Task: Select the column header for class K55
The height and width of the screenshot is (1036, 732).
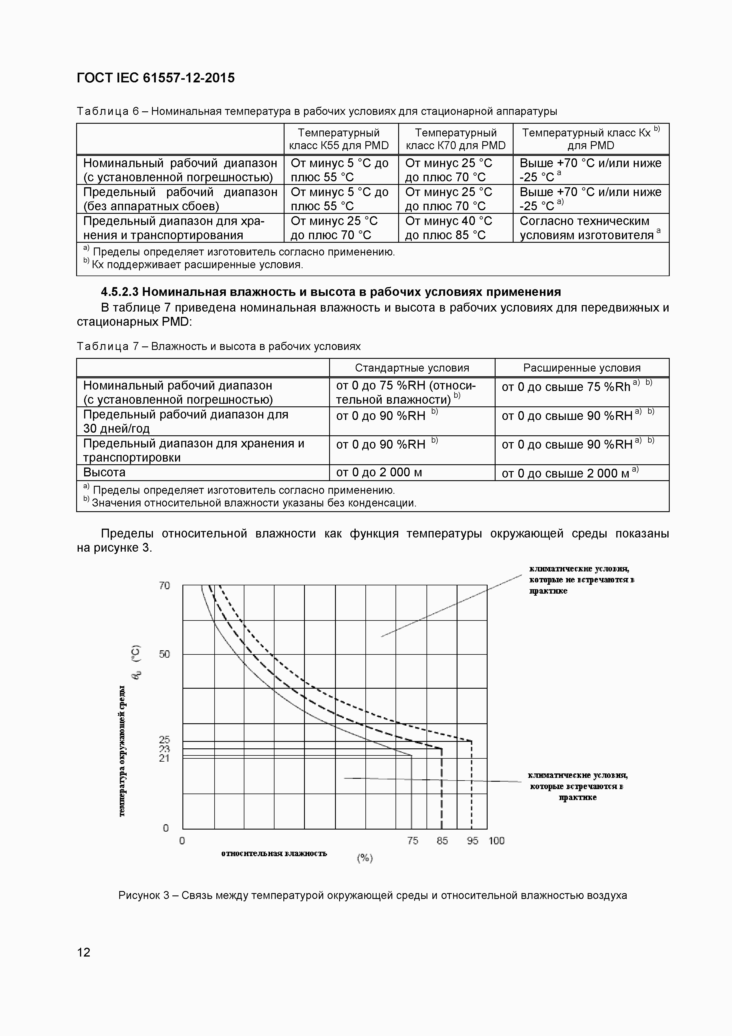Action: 339,139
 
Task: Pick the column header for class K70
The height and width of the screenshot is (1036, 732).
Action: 455,139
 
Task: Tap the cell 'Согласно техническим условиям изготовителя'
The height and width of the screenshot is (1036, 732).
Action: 590,228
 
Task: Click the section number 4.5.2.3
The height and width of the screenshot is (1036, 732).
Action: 120,292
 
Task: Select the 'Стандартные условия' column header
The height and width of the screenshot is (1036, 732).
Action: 412,368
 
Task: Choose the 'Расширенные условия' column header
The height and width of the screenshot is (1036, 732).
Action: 582,368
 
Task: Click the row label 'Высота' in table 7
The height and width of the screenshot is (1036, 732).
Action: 104,473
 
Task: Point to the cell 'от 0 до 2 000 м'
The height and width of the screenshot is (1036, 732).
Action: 379,473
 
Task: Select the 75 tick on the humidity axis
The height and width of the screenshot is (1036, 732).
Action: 413,840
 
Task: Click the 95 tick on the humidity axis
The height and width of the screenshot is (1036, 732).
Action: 472,840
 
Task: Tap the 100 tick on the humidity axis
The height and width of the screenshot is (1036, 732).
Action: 496,840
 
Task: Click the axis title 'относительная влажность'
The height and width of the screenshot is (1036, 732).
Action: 274,853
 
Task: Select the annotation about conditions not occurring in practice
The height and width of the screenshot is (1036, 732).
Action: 581,580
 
